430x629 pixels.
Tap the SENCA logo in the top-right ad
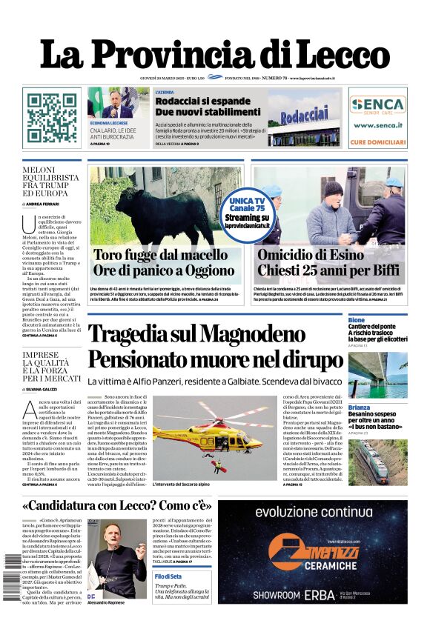point(378,104)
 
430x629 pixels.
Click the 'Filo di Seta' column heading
point(168,576)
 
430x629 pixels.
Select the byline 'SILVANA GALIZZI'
point(46,388)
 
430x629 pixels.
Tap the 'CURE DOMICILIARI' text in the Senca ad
point(378,141)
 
